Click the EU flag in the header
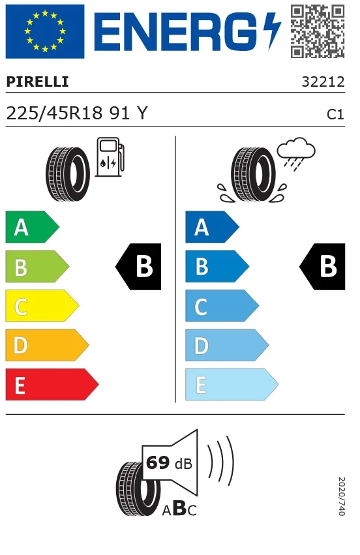[x=45, y=31]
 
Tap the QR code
[x=318, y=31]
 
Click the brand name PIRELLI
[x=38, y=82]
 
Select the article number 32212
[x=323, y=82]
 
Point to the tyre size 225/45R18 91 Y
[x=77, y=113]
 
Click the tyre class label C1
[x=335, y=114]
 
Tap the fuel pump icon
[x=110, y=157]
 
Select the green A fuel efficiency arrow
[x=32, y=227]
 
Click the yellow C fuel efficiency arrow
[x=42, y=306]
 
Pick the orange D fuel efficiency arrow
[x=47, y=345]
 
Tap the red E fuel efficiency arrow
[x=52, y=384]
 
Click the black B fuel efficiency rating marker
[x=138, y=267]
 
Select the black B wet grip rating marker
[x=322, y=267]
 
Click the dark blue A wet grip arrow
[x=212, y=227]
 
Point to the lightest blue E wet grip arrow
[x=232, y=384]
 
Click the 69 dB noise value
[x=169, y=463]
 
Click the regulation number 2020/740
[x=342, y=496]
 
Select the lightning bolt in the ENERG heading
[x=273, y=31]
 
